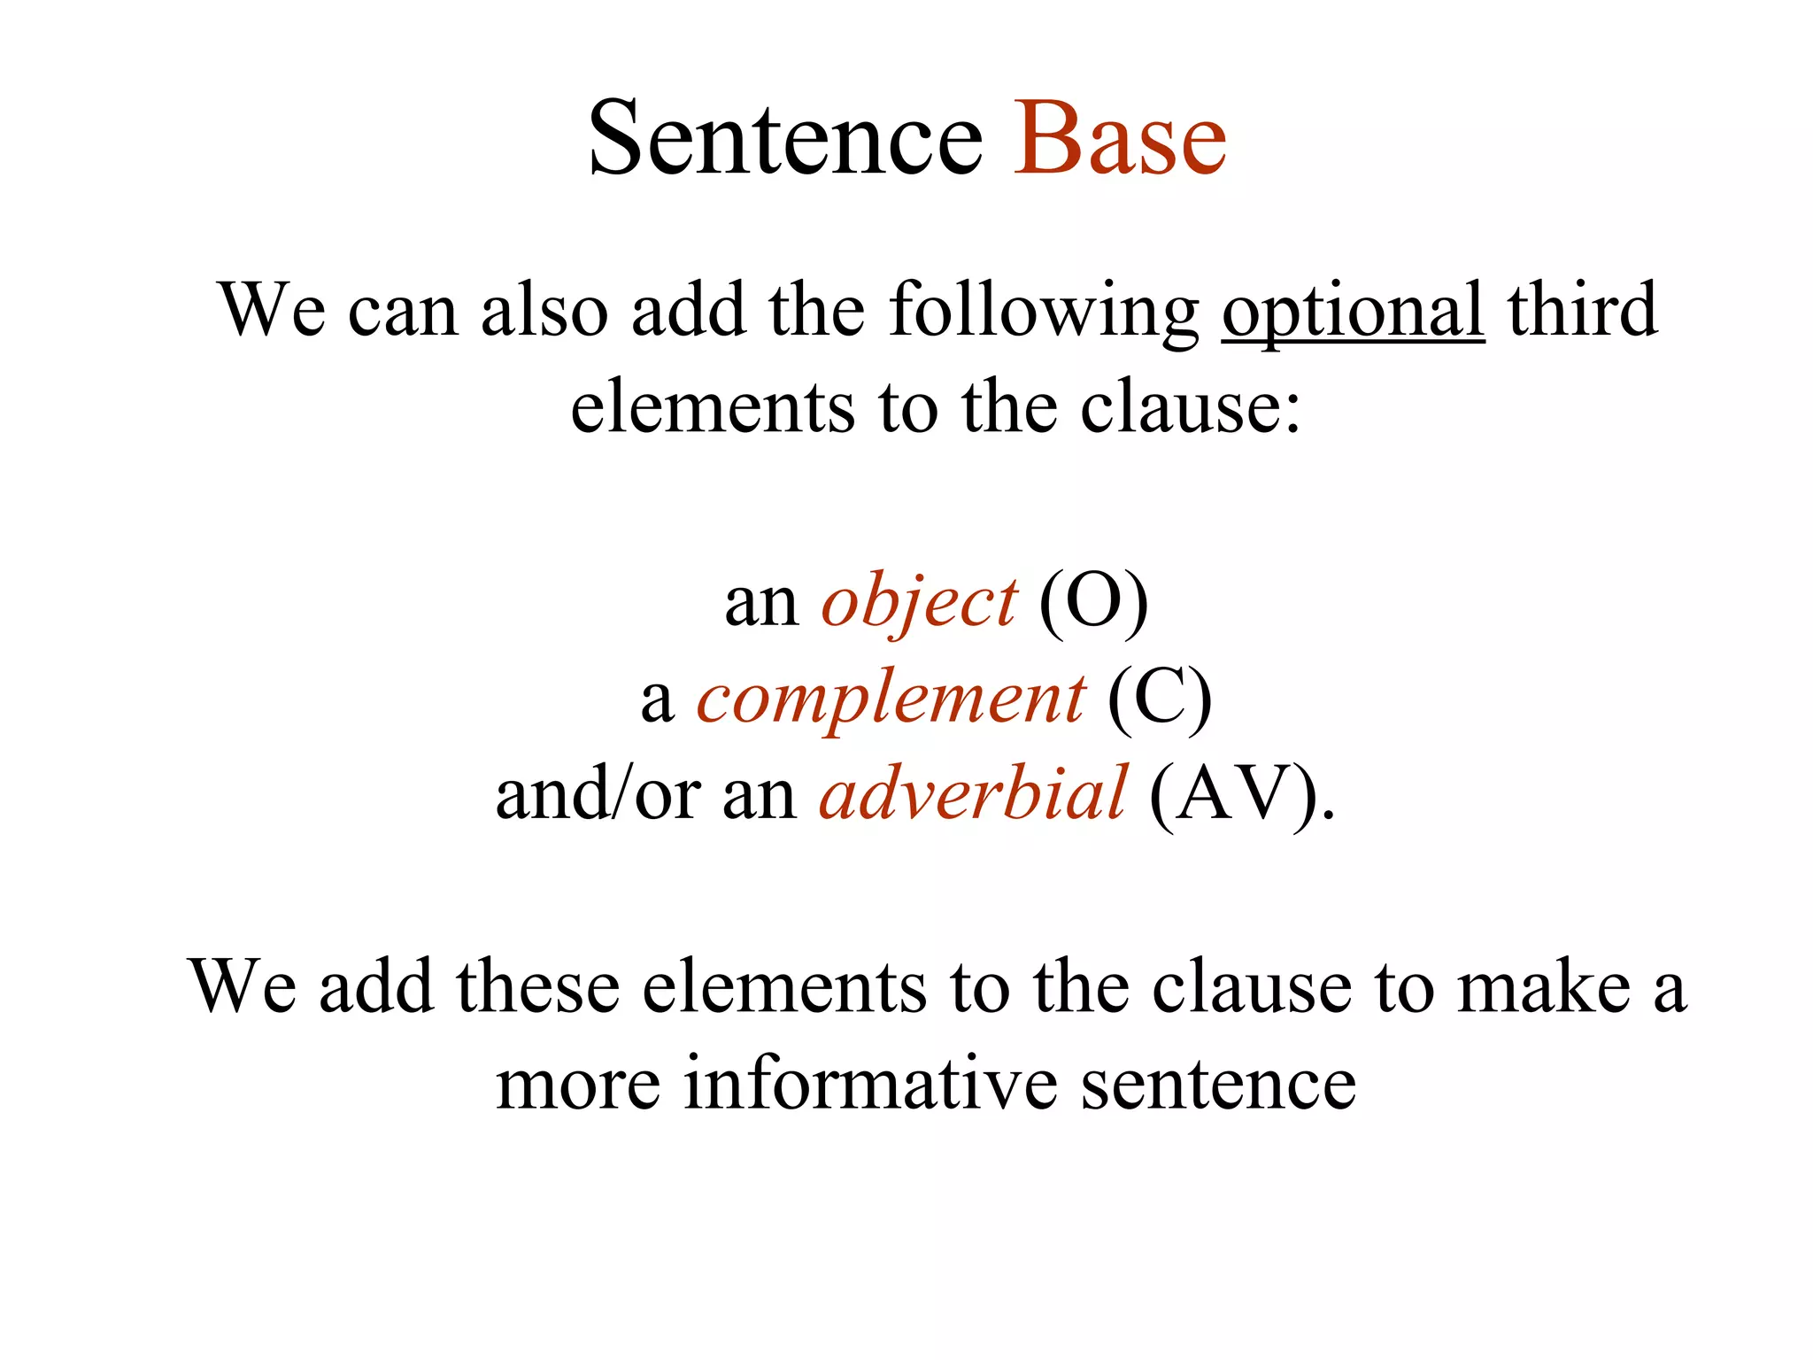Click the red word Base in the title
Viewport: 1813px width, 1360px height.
(1120, 139)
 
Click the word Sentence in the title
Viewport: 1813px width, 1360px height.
(785, 139)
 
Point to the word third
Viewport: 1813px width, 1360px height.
(1582, 310)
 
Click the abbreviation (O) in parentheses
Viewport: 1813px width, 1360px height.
(1093, 602)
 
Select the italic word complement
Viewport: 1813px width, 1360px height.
(890, 699)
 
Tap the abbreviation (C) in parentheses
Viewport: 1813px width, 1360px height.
(1160, 699)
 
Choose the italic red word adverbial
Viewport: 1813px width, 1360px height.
(972, 794)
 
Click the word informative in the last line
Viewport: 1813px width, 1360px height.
(870, 1084)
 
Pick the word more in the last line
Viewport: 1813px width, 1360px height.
(578, 1084)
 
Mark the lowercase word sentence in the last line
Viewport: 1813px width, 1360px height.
(1218, 1084)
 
